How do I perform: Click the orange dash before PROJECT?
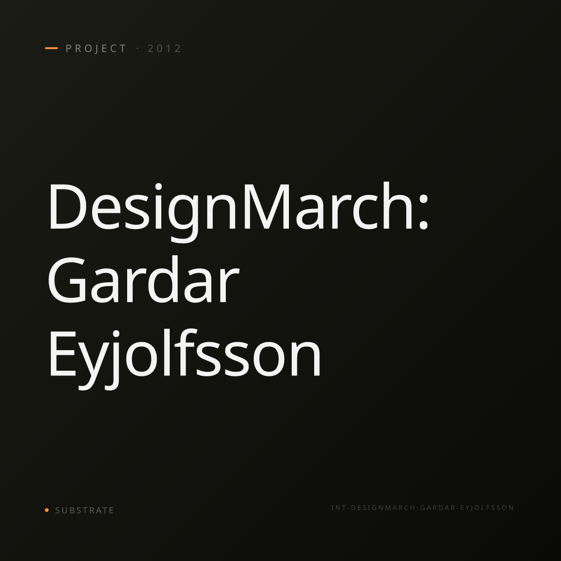click(51, 48)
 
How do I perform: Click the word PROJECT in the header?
click(96, 49)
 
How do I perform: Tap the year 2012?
click(165, 49)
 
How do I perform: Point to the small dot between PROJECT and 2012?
click(137, 49)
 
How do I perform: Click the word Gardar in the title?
click(143, 280)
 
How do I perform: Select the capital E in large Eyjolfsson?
click(63, 354)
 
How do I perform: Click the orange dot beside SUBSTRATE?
click(47, 510)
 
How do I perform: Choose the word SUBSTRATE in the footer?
click(85, 511)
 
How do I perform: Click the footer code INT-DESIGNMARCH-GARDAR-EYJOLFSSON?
click(423, 508)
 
